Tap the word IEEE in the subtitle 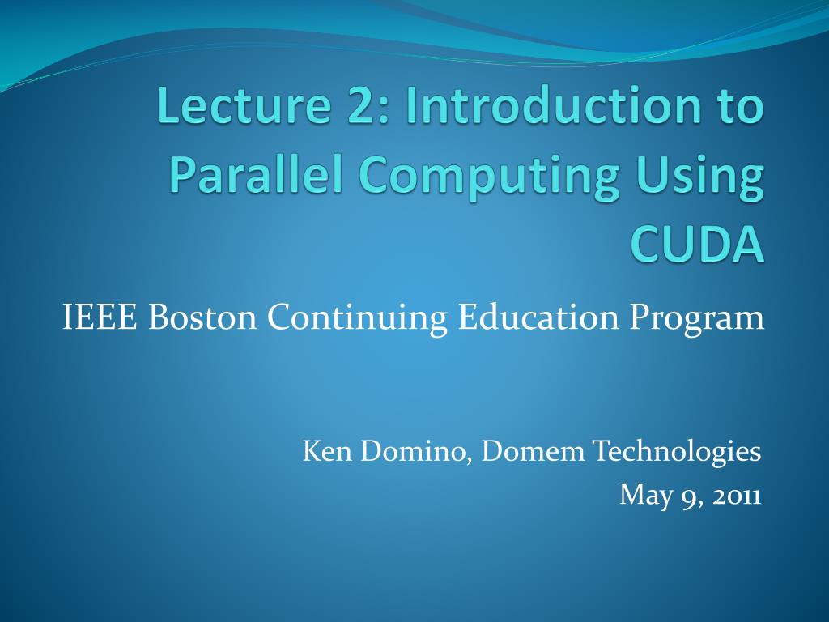coord(100,317)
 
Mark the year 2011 coord(737,494)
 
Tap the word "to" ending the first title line coord(738,109)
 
